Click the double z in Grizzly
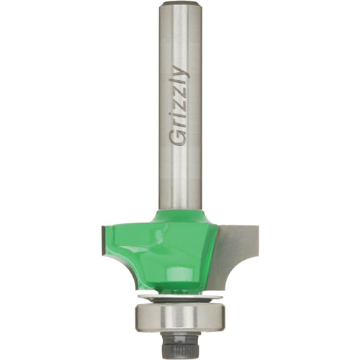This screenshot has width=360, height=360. pyautogui.click(x=180, y=101)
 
